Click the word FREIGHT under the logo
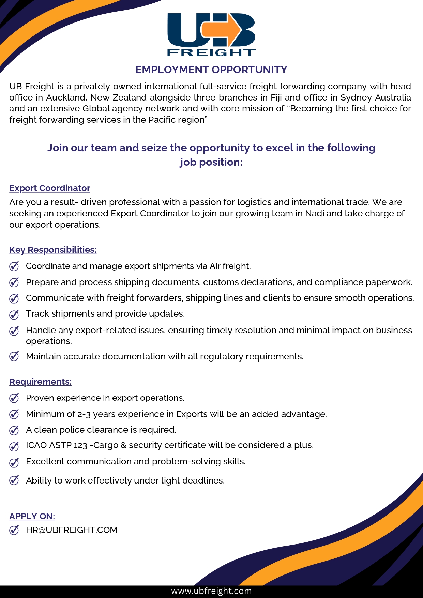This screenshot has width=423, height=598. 211,52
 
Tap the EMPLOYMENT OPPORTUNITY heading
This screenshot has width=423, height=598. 211,70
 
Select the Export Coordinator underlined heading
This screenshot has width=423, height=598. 50,188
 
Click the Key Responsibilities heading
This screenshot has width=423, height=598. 53,250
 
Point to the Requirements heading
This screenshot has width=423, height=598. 40,382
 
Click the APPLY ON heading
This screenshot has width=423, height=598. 32,516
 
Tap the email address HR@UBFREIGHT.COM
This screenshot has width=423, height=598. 72,530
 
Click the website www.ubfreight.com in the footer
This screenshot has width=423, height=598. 211,591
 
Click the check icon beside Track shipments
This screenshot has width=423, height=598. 14,314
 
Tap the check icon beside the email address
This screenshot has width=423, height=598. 14,530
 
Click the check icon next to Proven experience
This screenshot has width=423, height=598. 14,398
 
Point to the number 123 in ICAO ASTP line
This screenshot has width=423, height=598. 80,445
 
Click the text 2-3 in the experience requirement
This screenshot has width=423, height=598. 84,414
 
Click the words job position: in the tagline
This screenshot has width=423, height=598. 211,162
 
